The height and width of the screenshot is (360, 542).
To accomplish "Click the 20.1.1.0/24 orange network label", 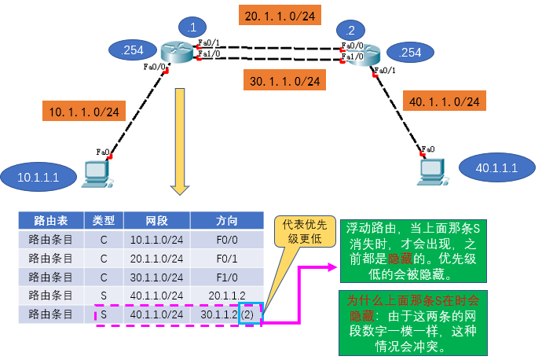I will coord(281,15).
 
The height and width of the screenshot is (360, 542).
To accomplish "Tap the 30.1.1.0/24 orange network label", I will coord(284,80).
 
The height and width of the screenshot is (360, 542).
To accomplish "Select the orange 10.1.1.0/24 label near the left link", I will coord(85,112).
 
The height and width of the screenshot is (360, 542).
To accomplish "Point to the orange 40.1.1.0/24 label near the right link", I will coord(444,101).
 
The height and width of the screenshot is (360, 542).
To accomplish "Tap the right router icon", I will coord(361,53).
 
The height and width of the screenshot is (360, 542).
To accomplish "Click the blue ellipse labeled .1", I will coord(191,28).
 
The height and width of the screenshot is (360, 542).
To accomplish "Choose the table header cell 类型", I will coord(104,219).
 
